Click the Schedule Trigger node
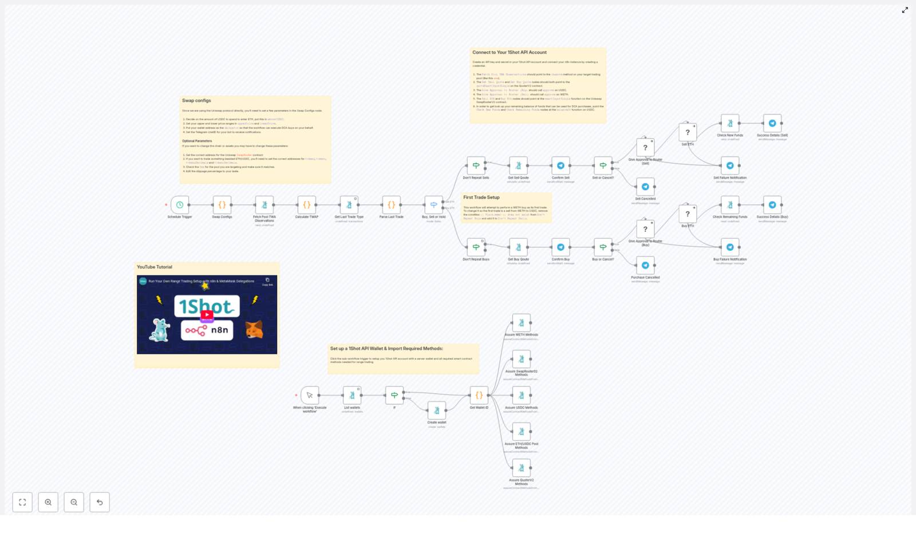click(180, 205)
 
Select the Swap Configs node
click(222, 205)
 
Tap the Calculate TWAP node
click(307, 205)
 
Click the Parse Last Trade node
click(392, 205)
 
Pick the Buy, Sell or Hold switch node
click(433, 205)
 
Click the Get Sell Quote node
click(518, 166)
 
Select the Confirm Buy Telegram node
click(560, 247)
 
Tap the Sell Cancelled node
click(645, 187)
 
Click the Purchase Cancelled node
click(645, 265)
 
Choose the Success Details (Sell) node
click(772, 123)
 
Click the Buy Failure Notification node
click(730, 247)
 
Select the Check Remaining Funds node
click(730, 205)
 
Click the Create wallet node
click(437, 410)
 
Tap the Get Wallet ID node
click(479, 395)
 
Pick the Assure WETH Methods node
click(521, 323)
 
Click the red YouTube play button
click(207, 315)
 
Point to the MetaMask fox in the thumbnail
click(254, 329)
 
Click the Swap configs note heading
click(196, 101)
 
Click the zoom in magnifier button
click(48, 502)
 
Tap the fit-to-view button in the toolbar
click(22, 502)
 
